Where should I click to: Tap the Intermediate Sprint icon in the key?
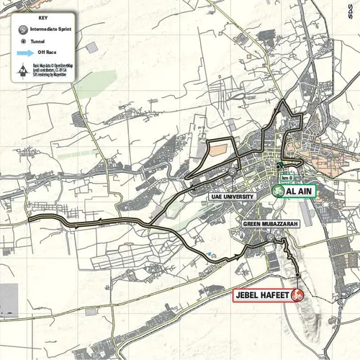(x=23, y=31)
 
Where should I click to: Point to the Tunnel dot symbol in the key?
(x=23, y=42)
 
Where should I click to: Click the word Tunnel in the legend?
(x=42, y=42)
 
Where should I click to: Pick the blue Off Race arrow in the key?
(x=24, y=53)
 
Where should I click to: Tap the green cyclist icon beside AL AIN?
(x=279, y=192)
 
